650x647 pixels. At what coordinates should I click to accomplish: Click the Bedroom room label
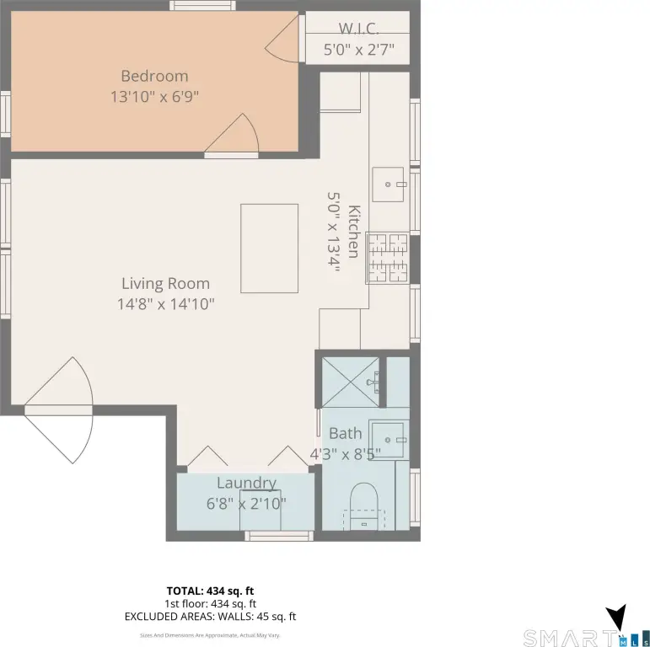click(x=154, y=76)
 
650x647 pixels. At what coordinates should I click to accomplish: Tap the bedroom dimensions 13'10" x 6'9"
click(x=154, y=97)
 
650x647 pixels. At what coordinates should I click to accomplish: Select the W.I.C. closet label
click(x=358, y=29)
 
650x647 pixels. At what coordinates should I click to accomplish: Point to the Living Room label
click(x=165, y=284)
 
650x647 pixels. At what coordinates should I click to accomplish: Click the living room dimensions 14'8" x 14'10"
click(x=165, y=304)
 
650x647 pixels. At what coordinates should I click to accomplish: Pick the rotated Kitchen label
click(x=353, y=232)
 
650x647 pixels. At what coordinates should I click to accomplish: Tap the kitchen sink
click(x=388, y=184)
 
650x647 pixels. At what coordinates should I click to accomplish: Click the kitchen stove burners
click(x=388, y=258)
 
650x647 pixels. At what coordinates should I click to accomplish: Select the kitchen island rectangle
click(x=270, y=249)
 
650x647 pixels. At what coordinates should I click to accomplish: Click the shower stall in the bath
click(x=351, y=382)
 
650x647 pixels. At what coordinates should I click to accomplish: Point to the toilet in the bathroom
click(x=364, y=505)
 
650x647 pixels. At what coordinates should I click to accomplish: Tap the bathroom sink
click(x=388, y=440)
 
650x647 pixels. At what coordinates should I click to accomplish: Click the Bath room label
click(x=346, y=434)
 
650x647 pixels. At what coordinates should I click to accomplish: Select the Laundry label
click(x=247, y=483)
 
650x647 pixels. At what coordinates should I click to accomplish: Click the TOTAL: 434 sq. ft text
click(x=210, y=591)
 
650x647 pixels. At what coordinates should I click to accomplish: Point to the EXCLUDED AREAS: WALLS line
click(x=210, y=617)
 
